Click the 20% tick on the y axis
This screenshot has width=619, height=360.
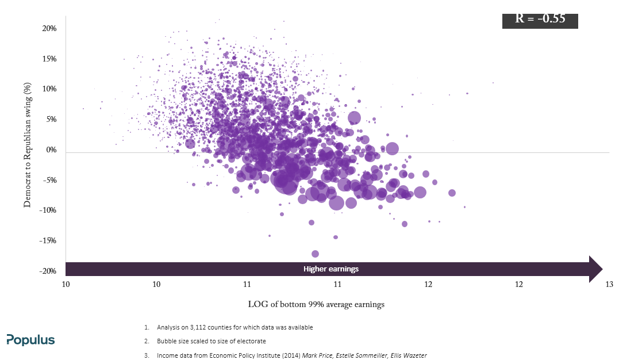pyautogui.click(x=49, y=28)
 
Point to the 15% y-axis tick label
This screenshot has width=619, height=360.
pyautogui.click(x=49, y=59)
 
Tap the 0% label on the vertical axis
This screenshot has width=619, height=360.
pyautogui.click(x=51, y=150)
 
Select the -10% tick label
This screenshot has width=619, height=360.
pyautogui.click(x=48, y=210)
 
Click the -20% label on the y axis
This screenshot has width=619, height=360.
pyautogui.click(x=48, y=271)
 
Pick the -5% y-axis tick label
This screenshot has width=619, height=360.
pyautogui.click(x=49, y=180)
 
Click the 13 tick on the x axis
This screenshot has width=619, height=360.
pyautogui.click(x=609, y=284)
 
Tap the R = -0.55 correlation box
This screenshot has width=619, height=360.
pyautogui.click(x=540, y=21)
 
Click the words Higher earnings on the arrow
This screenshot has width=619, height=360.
pyautogui.click(x=331, y=269)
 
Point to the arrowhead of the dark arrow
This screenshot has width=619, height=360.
pyautogui.click(x=602, y=269)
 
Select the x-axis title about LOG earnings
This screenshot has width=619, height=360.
pyautogui.click(x=316, y=304)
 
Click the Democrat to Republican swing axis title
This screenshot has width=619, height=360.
pyautogui.click(x=27, y=144)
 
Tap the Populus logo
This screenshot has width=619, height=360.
pyautogui.click(x=30, y=340)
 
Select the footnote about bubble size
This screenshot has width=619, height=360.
pyautogui.click(x=211, y=341)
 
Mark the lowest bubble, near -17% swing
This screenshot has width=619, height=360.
pyautogui.click(x=315, y=254)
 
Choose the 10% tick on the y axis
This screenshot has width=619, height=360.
pyautogui.click(x=49, y=89)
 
